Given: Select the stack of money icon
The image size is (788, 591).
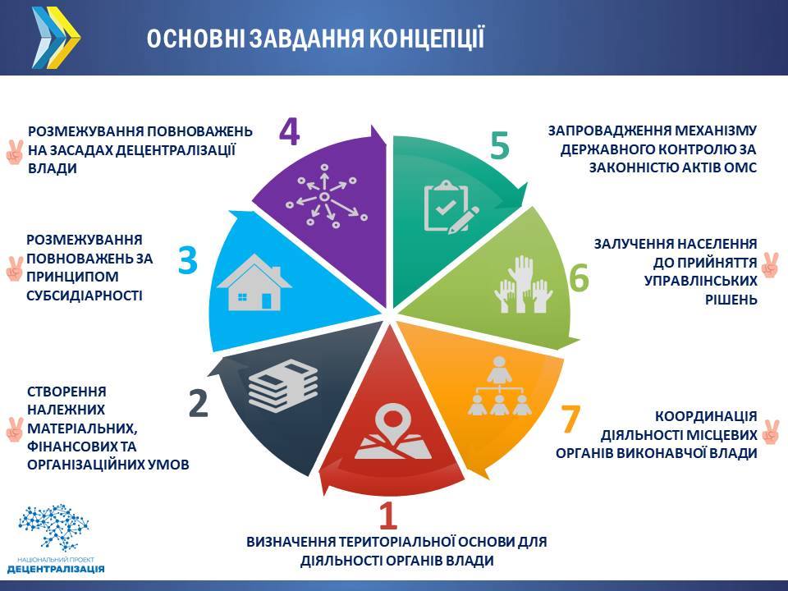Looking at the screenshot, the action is (x=283, y=386).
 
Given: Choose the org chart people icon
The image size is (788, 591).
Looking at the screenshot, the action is (x=499, y=386).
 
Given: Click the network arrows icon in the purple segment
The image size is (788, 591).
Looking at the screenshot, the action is (x=326, y=196).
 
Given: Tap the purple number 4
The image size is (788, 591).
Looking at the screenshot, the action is (x=290, y=131).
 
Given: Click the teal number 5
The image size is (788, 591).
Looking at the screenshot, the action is (x=500, y=145).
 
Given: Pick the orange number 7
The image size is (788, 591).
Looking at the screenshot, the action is (x=570, y=419).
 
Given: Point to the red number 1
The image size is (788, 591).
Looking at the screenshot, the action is (x=387, y=515).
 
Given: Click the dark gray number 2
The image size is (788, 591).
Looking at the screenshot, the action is (x=199, y=403).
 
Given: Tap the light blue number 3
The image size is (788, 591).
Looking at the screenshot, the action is (x=187, y=260).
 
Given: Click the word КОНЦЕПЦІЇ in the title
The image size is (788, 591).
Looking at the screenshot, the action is (x=427, y=39).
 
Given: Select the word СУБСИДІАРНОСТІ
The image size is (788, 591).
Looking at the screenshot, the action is (x=85, y=295).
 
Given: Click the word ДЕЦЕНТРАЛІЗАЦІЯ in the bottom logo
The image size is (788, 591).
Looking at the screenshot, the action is (x=57, y=569).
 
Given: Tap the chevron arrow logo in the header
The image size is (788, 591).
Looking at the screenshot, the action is (x=56, y=38).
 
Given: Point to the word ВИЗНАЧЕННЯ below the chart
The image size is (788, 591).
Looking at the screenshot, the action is (x=291, y=542).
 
